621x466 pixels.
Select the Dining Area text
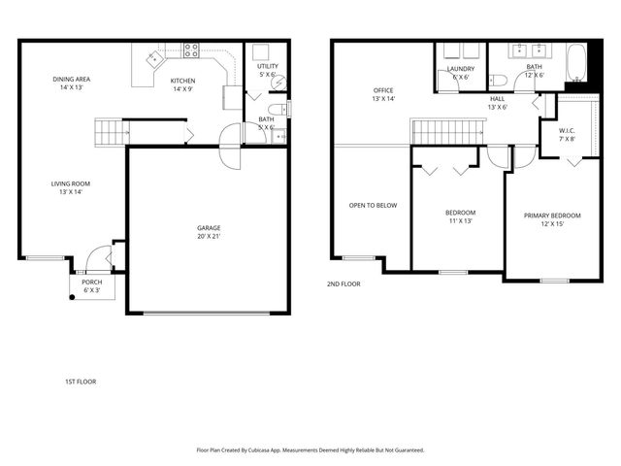click(72, 83)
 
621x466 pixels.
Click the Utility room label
click(267, 71)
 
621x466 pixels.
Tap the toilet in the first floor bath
click(274, 109)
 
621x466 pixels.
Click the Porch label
click(91, 286)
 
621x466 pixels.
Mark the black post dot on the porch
click(72, 298)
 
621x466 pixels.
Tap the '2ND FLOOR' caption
click(343, 284)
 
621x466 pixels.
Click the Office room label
click(382, 95)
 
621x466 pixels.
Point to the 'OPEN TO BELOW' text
click(374, 205)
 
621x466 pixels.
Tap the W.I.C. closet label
click(568, 135)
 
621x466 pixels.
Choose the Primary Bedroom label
click(552, 219)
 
